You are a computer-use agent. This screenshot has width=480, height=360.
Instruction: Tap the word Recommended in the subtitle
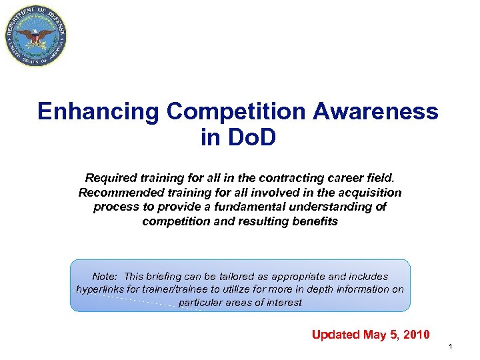click(x=117, y=192)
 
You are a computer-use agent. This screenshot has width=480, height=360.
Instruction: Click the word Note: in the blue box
click(x=105, y=276)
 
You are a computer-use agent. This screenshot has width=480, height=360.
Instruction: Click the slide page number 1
click(x=451, y=347)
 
